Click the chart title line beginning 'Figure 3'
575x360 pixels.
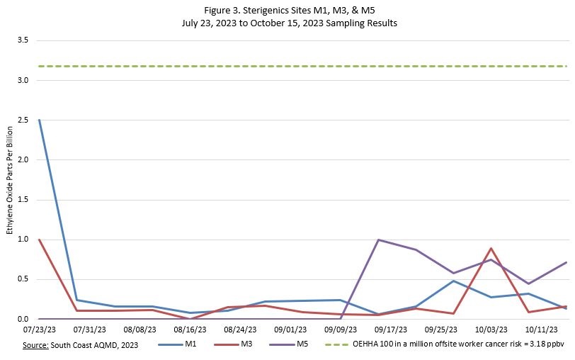point(287,9)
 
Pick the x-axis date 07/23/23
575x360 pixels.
point(39,330)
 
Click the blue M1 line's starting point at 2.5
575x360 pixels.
point(39,120)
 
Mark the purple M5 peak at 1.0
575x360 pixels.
point(379,240)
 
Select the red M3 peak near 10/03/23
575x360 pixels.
point(491,249)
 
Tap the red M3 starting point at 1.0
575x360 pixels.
point(39,240)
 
